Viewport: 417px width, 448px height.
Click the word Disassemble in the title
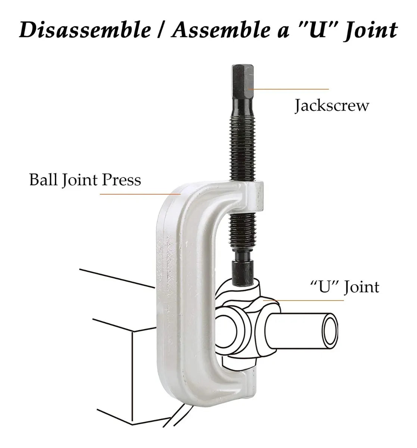pos(85,30)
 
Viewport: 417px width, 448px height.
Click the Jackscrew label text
pos(332,105)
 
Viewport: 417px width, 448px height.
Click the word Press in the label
pos(121,180)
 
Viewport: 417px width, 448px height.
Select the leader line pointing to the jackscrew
pos(289,89)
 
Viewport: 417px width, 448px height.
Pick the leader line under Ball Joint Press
pos(140,194)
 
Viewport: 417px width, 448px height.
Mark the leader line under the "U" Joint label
pos(304,300)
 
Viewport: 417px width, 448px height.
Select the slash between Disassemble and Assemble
pos(162,31)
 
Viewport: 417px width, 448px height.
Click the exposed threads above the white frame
pos(243,149)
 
